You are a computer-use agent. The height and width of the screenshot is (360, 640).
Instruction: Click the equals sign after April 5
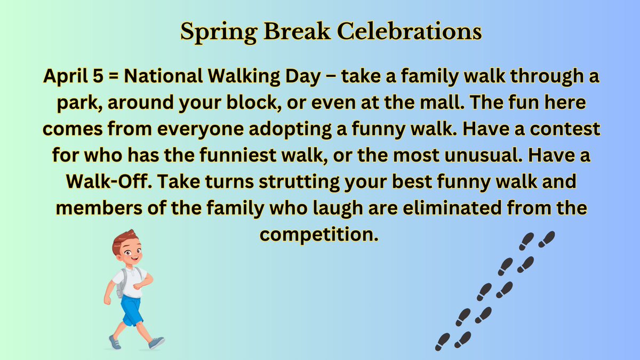(x=113, y=78)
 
